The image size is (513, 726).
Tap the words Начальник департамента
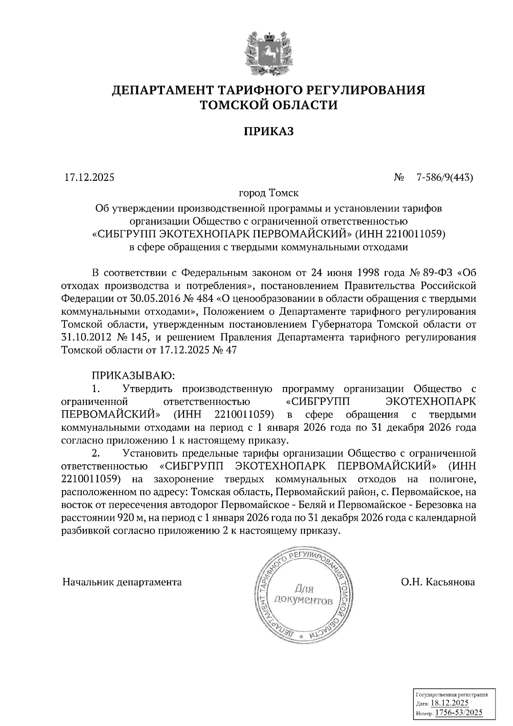pyautogui.click(x=122, y=582)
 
